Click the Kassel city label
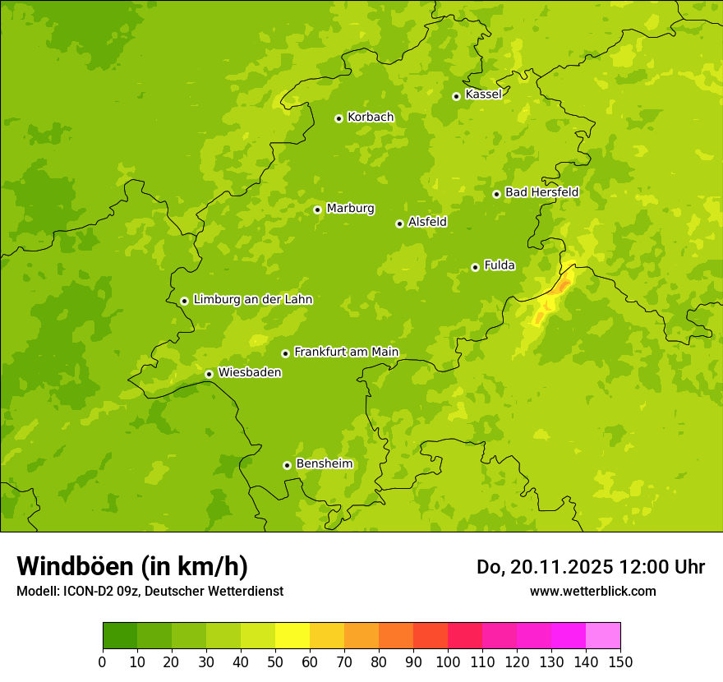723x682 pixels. click(483, 94)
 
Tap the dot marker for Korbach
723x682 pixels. click(338, 118)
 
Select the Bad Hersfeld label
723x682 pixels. click(541, 192)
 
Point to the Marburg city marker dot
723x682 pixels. click(317, 210)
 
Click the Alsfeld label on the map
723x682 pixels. click(427, 222)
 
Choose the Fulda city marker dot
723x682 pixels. click(475, 267)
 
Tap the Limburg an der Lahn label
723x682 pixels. click(252, 299)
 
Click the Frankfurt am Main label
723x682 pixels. click(346, 352)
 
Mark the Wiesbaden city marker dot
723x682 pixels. click(209, 374)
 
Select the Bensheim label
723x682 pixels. click(324, 463)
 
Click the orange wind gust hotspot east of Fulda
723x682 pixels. click(562, 287)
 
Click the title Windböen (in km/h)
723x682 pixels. click(132, 566)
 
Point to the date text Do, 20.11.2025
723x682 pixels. click(544, 567)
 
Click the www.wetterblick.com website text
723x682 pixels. click(592, 591)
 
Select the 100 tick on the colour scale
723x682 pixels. click(448, 661)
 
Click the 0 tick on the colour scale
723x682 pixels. click(103, 661)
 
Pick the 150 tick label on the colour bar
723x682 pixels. click(620, 661)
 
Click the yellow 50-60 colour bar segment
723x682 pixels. click(292, 636)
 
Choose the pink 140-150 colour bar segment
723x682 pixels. click(603, 636)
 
